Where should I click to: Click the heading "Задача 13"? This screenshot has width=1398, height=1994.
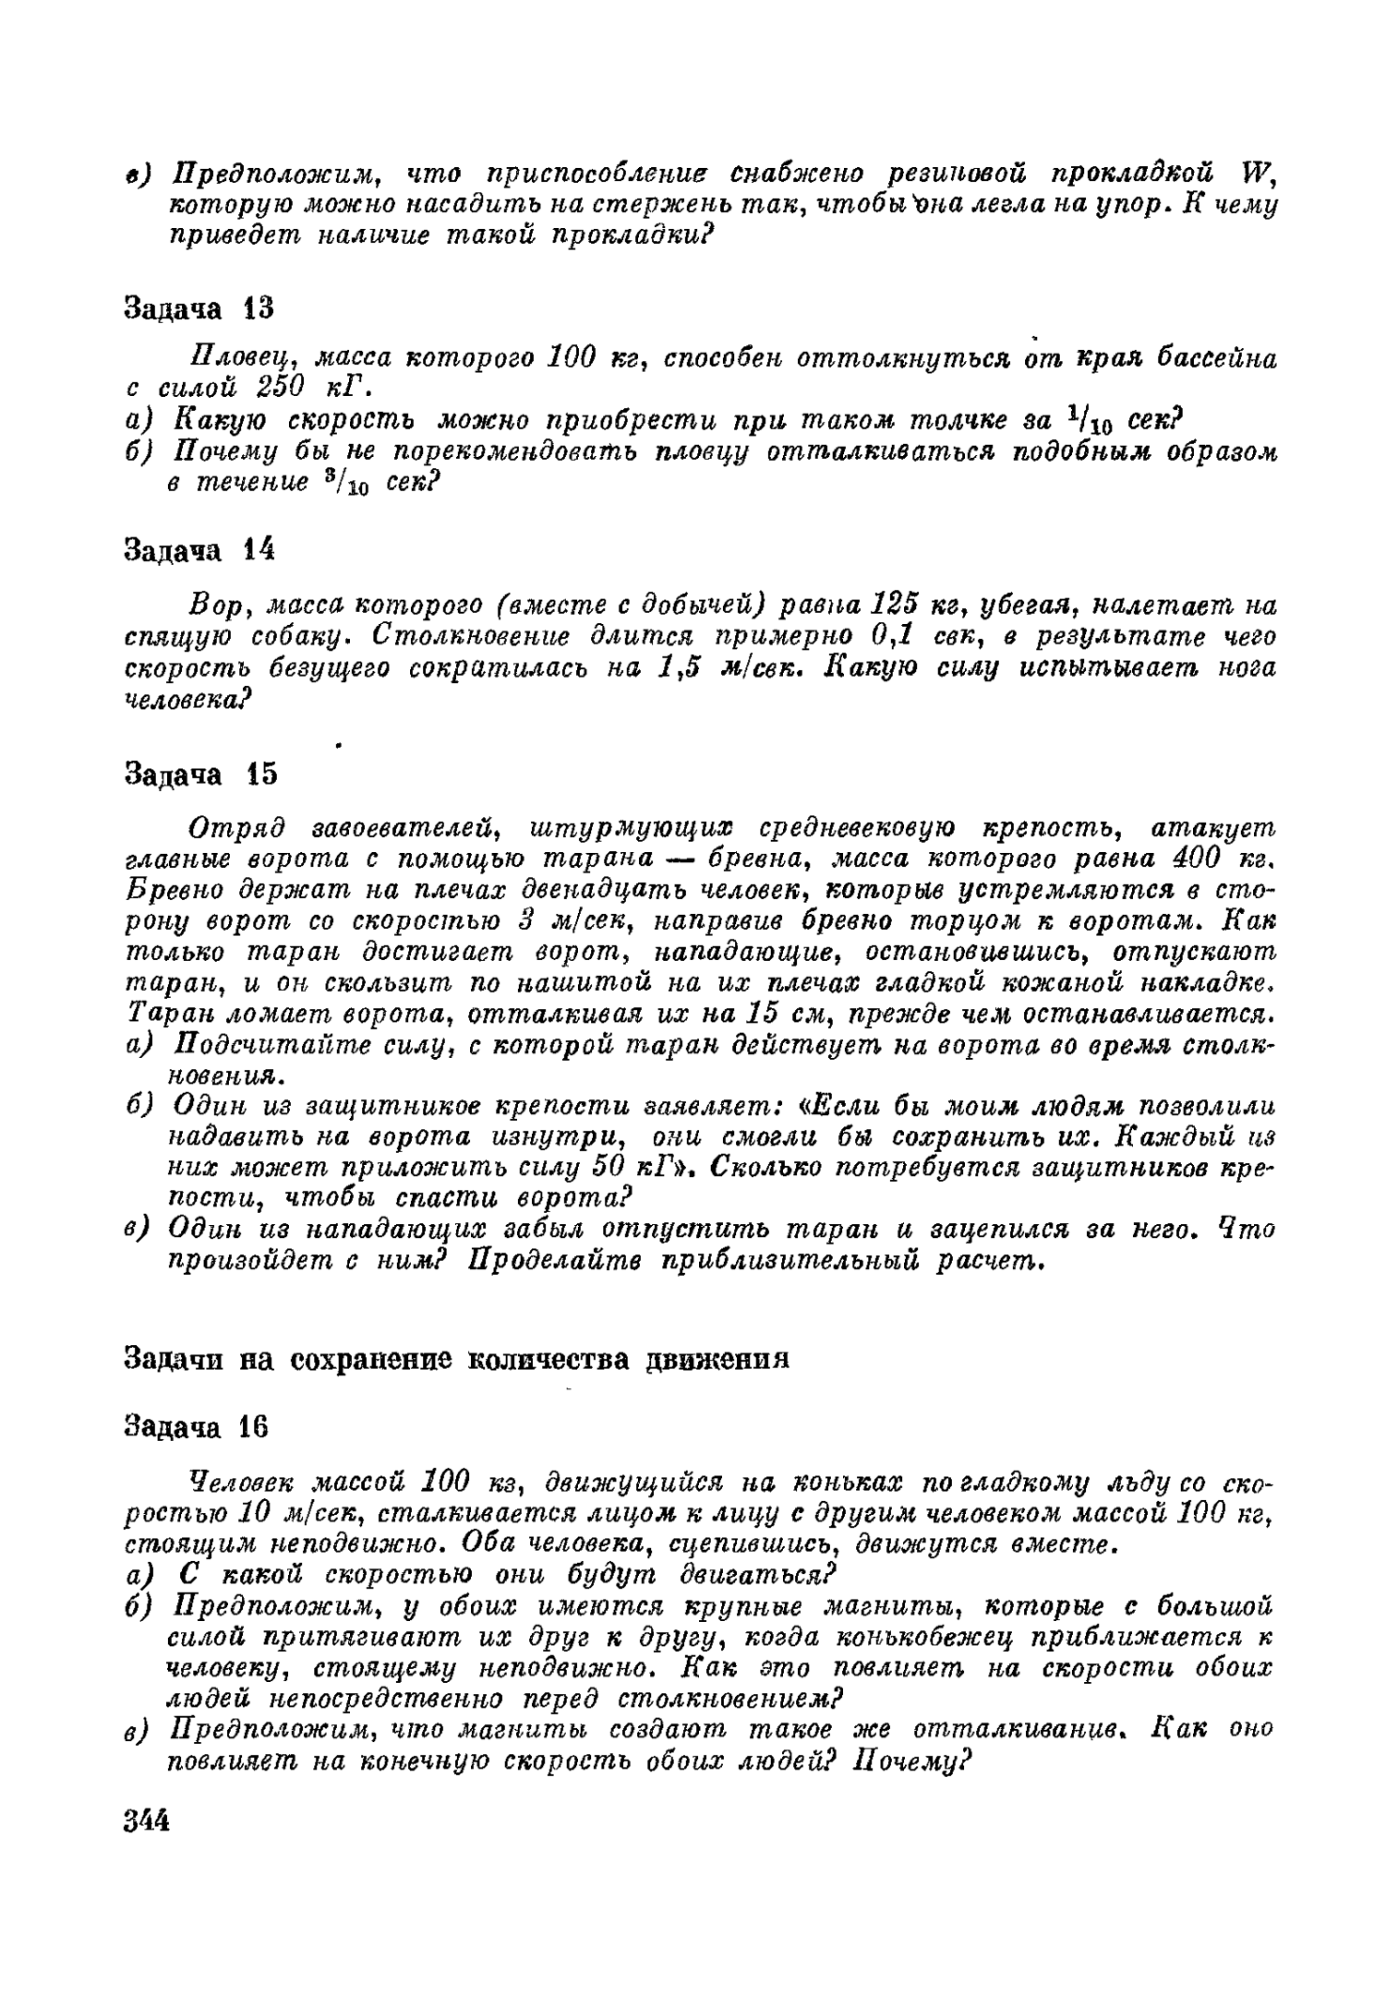tap(199, 308)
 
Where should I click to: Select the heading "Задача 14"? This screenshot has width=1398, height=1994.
tap(199, 550)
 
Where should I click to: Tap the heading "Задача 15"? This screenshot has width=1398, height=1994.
tap(199, 774)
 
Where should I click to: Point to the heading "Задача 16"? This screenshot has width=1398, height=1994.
tap(196, 1427)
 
